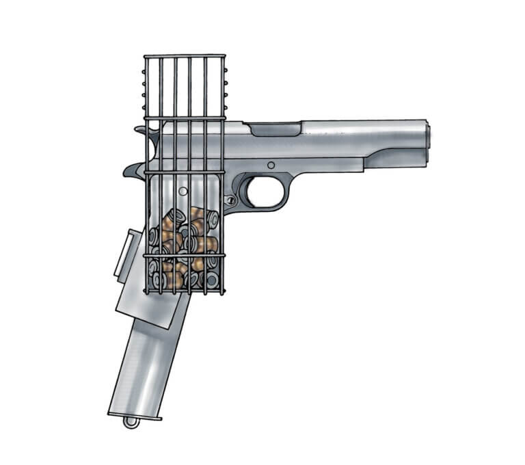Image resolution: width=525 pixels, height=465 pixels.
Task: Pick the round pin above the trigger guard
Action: (x=271, y=165)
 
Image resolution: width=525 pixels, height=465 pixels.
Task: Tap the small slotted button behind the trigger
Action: (x=232, y=200)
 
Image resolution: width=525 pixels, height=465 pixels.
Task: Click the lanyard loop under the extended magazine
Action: (x=131, y=423)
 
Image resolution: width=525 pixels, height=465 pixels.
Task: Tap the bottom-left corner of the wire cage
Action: (x=146, y=293)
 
